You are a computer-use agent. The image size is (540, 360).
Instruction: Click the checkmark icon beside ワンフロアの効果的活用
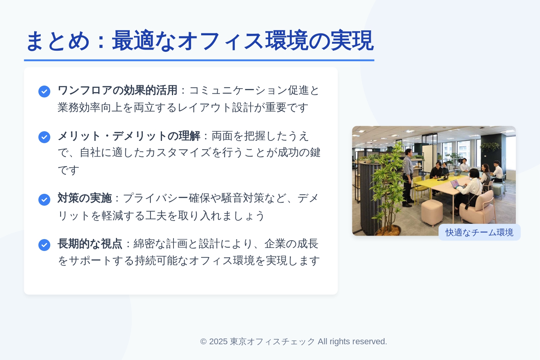click(x=45, y=91)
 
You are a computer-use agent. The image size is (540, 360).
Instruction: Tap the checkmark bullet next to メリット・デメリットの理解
click(x=45, y=137)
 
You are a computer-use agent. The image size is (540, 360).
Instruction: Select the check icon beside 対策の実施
click(x=45, y=200)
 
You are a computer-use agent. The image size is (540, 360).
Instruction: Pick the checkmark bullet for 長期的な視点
click(x=45, y=245)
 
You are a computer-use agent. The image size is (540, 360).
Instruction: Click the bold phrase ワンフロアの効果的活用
click(x=117, y=91)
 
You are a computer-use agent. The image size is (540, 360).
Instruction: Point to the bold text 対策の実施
click(x=84, y=198)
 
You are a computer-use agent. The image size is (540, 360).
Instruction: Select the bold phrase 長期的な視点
click(x=90, y=244)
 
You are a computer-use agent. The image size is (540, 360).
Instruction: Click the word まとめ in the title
click(x=58, y=41)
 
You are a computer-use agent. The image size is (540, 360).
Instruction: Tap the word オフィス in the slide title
click(x=221, y=41)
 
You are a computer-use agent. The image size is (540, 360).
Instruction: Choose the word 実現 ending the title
click(x=352, y=41)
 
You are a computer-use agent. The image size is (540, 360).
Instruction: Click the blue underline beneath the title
click(x=199, y=60)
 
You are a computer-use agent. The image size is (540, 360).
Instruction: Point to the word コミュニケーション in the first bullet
click(x=238, y=91)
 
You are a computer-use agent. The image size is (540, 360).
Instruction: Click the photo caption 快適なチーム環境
click(x=479, y=233)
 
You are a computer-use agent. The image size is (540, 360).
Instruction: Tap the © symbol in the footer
click(x=203, y=342)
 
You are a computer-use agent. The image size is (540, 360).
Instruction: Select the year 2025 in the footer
click(x=218, y=342)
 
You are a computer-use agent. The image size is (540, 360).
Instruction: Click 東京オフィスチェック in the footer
click(x=272, y=342)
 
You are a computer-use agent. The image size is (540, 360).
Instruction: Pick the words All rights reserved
click(x=352, y=342)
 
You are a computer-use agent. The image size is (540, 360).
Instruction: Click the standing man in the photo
click(x=408, y=177)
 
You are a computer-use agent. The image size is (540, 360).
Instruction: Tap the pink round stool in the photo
click(x=432, y=213)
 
